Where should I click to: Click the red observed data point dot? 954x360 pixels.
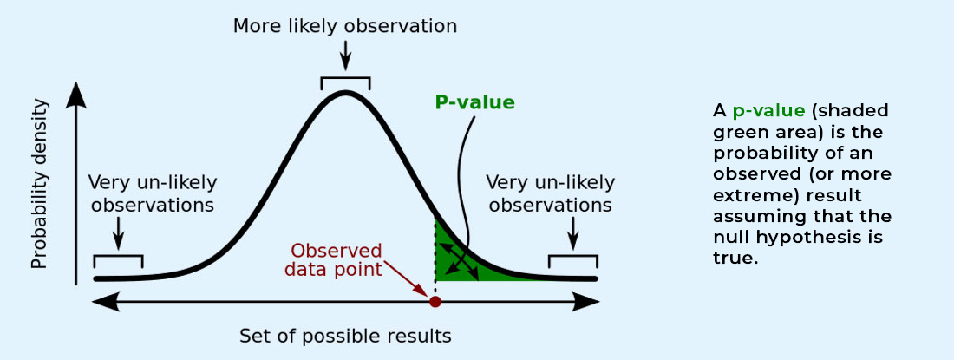[435, 302]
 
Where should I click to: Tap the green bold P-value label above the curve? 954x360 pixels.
[474, 102]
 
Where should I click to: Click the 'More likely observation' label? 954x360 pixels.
[345, 26]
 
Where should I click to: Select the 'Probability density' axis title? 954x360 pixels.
[39, 184]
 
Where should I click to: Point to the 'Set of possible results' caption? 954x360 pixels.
[345, 336]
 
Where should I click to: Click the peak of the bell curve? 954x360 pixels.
[345, 93]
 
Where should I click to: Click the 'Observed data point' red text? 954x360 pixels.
[337, 259]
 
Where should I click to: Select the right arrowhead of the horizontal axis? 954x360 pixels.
[586, 302]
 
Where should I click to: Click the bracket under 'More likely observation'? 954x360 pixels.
[345, 78]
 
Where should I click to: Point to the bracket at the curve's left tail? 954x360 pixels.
[118, 257]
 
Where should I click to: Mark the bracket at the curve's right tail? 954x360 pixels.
[572, 257]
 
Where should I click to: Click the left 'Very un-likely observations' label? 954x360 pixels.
[152, 193]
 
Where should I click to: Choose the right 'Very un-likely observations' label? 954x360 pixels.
[551, 193]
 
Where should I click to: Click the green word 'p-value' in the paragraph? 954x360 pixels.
[769, 111]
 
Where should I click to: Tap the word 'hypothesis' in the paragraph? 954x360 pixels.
[822, 237]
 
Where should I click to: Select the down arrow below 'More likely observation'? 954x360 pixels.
[345, 56]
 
